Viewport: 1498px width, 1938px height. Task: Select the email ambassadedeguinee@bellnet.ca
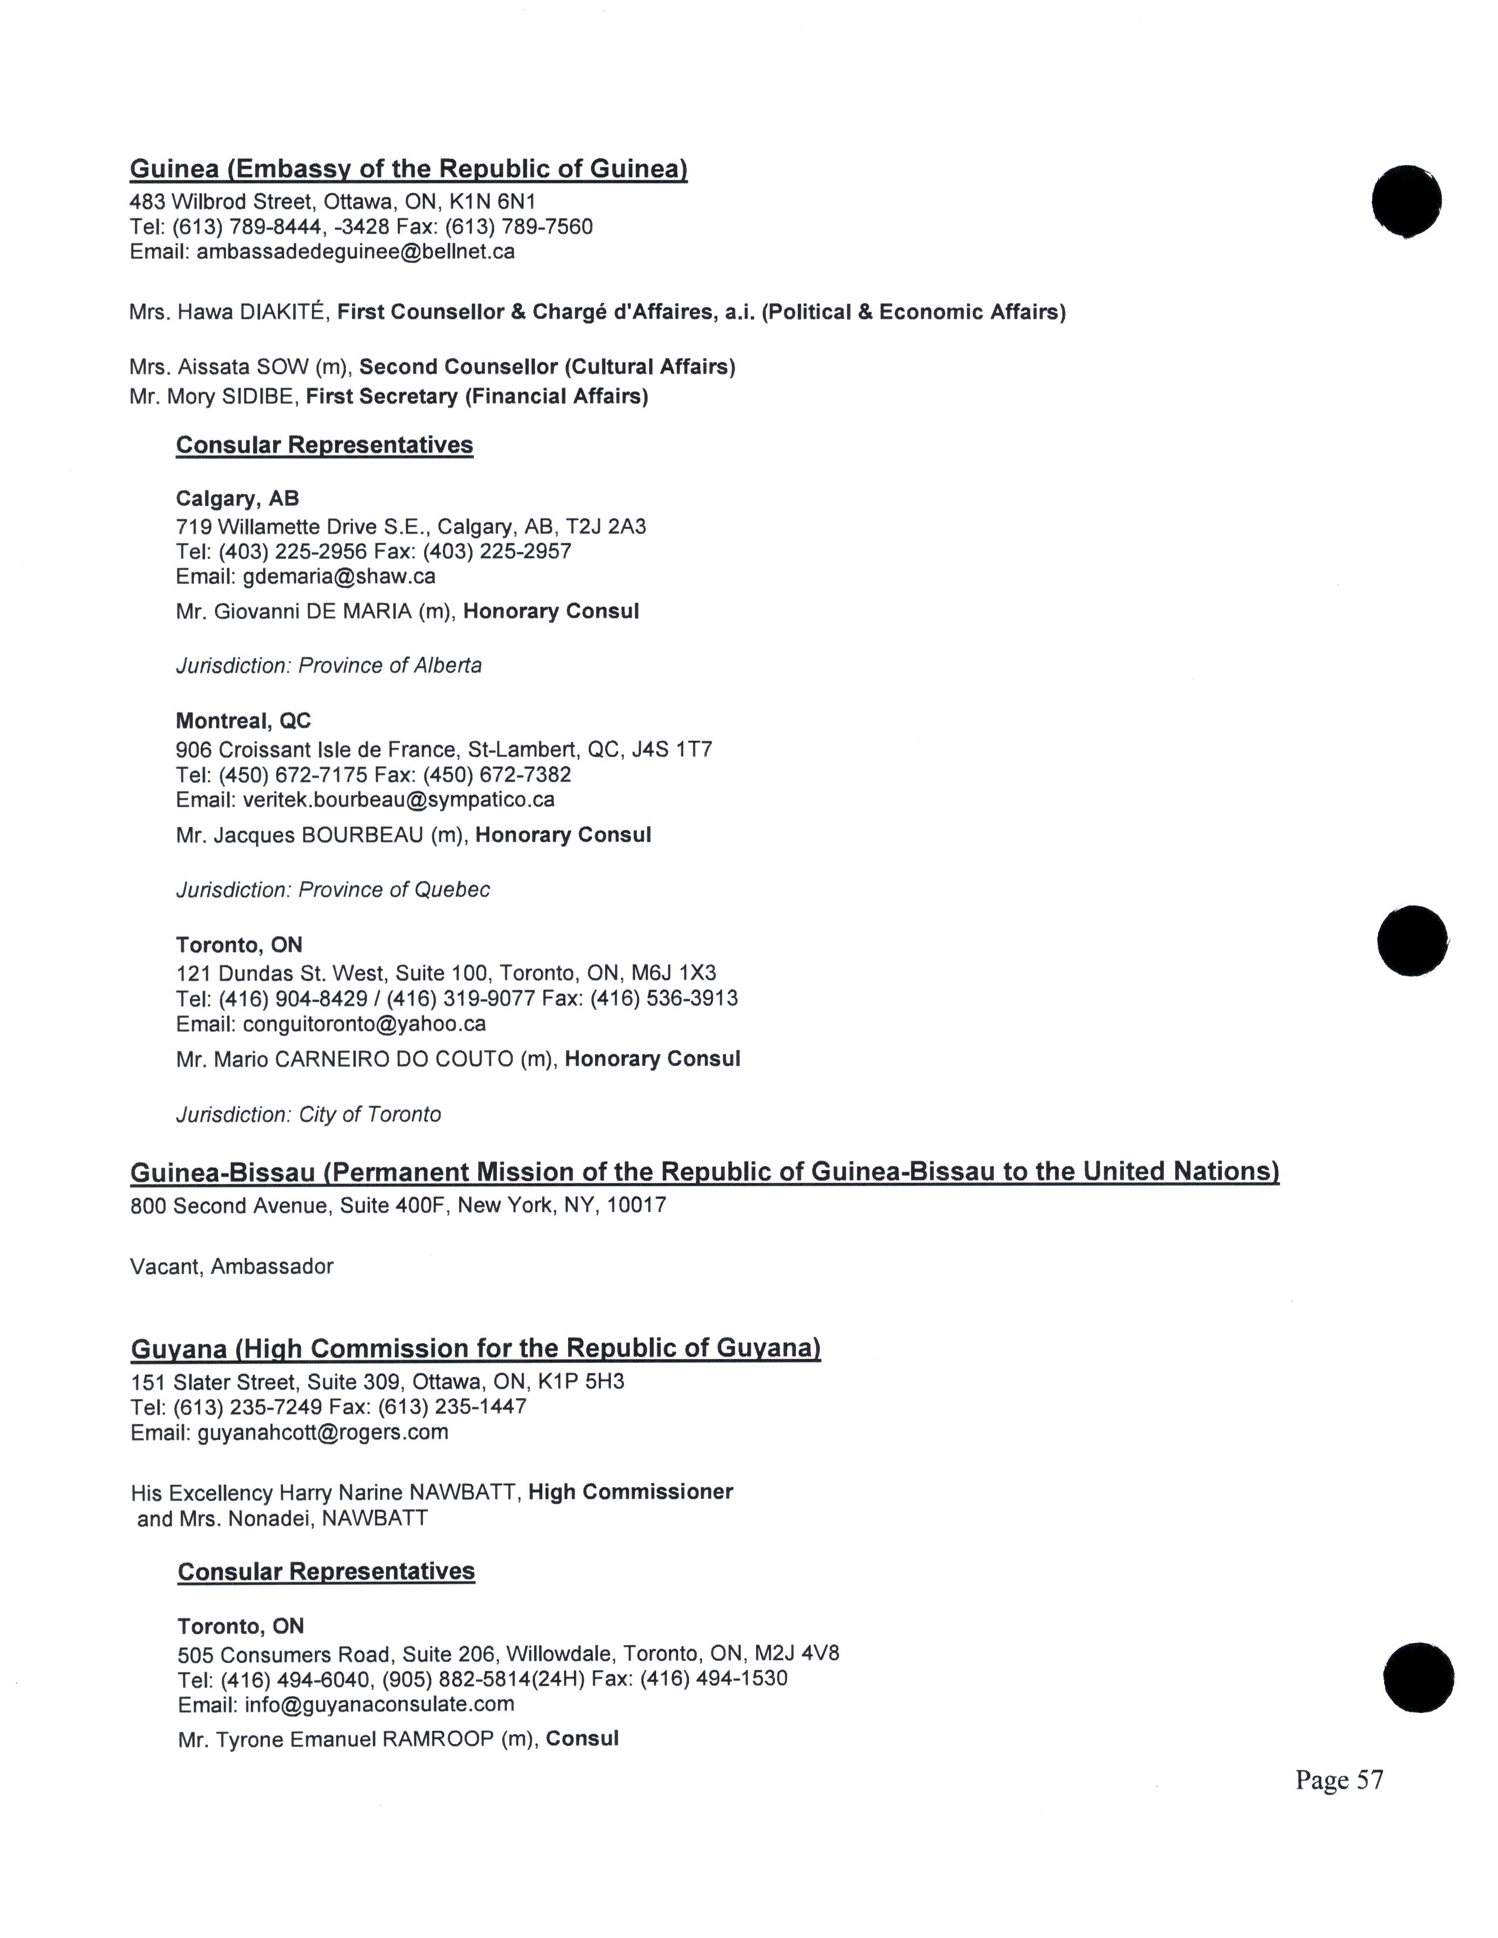[x=355, y=252]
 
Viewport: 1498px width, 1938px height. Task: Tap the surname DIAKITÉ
[x=285, y=312]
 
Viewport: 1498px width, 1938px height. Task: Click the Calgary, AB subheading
[x=237, y=498]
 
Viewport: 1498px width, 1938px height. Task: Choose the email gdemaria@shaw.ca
[x=338, y=577]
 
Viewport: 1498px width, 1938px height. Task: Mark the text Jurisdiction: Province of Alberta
[x=328, y=665]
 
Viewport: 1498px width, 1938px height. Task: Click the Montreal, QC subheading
[x=243, y=721]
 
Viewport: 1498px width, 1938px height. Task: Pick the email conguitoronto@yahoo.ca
[x=364, y=1024]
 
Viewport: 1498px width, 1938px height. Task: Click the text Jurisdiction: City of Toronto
[x=308, y=1115]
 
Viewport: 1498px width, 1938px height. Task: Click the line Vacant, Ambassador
[x=231, y=1266]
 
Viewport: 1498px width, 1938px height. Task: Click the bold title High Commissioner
[x=630, y=1492]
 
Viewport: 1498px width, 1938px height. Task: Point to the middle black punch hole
[x=1412, y=941]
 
